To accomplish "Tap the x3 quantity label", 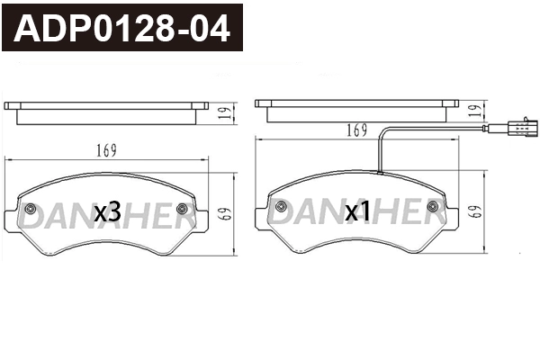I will [107, 211].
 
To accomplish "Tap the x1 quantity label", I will [358, 211].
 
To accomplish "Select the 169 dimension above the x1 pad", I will [357, 131].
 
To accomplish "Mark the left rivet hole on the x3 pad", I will [31, 210].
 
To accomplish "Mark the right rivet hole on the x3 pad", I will [184, 210].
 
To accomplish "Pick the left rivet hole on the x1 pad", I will [281, 210].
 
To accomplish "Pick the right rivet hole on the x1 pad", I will [434, 210].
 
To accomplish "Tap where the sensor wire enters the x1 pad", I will [381, 172].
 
